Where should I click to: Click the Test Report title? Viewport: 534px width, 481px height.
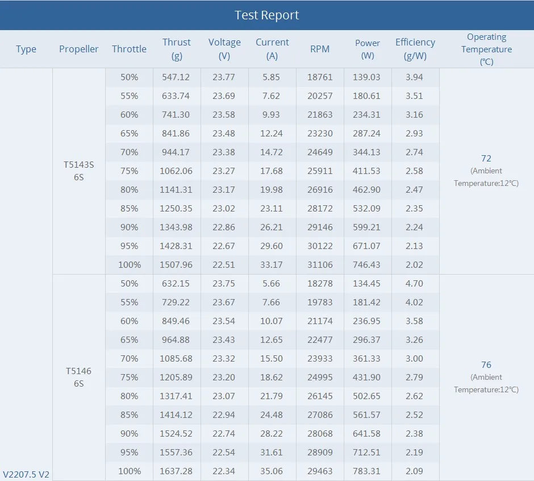267,15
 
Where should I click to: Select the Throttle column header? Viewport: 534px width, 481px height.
129,49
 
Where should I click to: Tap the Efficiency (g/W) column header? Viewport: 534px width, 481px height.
415,49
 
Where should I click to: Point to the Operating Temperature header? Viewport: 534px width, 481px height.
486,49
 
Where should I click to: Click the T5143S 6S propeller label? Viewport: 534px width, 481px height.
79,171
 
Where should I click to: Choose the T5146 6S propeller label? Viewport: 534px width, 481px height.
78,377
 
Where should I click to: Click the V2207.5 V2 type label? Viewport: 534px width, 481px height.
26,474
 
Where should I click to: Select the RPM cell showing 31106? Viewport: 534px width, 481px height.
320,264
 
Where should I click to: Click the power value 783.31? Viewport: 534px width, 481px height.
368,471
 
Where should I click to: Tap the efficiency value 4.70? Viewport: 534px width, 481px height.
414,283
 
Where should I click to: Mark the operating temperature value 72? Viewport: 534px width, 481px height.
486,159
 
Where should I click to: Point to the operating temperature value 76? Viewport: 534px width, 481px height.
486,365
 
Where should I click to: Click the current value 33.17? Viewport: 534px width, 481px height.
272,264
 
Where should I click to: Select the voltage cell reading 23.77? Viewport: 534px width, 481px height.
224,77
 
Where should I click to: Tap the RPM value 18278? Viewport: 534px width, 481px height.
320,283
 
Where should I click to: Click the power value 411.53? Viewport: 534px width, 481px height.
368,171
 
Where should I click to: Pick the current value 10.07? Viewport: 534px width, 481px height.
272,321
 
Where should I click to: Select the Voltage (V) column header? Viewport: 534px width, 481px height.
224,49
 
